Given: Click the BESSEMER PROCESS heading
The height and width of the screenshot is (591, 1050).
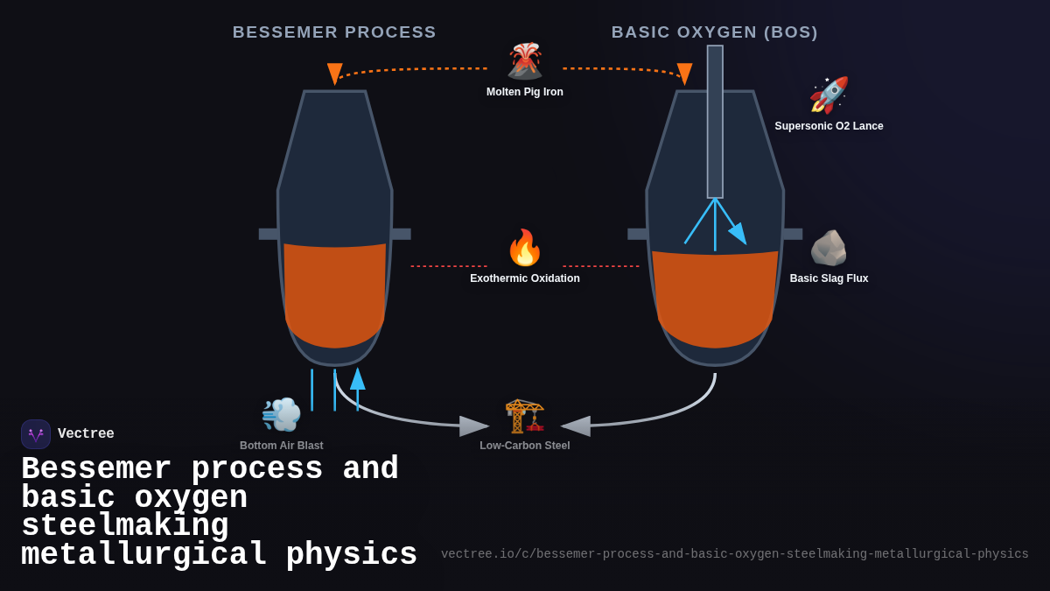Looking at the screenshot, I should (x=334, y=32).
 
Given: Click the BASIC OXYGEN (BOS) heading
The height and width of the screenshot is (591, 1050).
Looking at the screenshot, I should (x=714, y=32).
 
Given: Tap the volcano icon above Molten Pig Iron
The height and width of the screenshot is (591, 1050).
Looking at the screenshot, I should (x=525, y=61).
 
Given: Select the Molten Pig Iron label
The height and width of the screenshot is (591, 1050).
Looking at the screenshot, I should (x=525, y=92).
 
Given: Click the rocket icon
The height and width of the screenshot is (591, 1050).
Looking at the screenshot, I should (x=829, y=95).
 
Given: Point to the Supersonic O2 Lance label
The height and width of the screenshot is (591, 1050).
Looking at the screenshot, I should (x=829, y=126).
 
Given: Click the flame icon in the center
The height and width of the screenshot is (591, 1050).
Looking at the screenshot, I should (x=525, y=248).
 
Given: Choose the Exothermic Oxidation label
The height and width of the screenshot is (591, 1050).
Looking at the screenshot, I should (x=525, y=278).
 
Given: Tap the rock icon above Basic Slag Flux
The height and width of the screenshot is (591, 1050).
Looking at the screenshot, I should (x=829, y=248).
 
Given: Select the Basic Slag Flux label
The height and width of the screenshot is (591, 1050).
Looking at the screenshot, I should (x=829, y=278).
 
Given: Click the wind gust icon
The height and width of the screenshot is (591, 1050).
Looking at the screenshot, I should (x=281, y=415).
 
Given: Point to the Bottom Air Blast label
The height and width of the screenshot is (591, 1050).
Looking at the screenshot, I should (x=281, y=446).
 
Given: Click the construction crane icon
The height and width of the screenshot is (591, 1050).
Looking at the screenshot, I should (x=525, y=415).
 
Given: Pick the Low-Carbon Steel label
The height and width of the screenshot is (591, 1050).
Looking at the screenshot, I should (x=525, y=446).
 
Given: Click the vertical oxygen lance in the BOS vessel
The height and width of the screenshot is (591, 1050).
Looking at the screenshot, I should (x=715, y=123).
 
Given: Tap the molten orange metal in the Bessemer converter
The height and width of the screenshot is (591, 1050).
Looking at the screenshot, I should (x=334, y=293).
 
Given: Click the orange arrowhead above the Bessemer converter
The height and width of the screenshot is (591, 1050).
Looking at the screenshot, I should (x=334, y=74).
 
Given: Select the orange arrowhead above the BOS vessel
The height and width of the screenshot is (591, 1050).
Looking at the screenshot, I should (x=684, y=74).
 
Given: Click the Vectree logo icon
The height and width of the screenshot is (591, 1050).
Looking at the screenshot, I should (x=36, y=434).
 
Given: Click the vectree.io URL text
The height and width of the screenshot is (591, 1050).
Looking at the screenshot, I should (x=734, y=554).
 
